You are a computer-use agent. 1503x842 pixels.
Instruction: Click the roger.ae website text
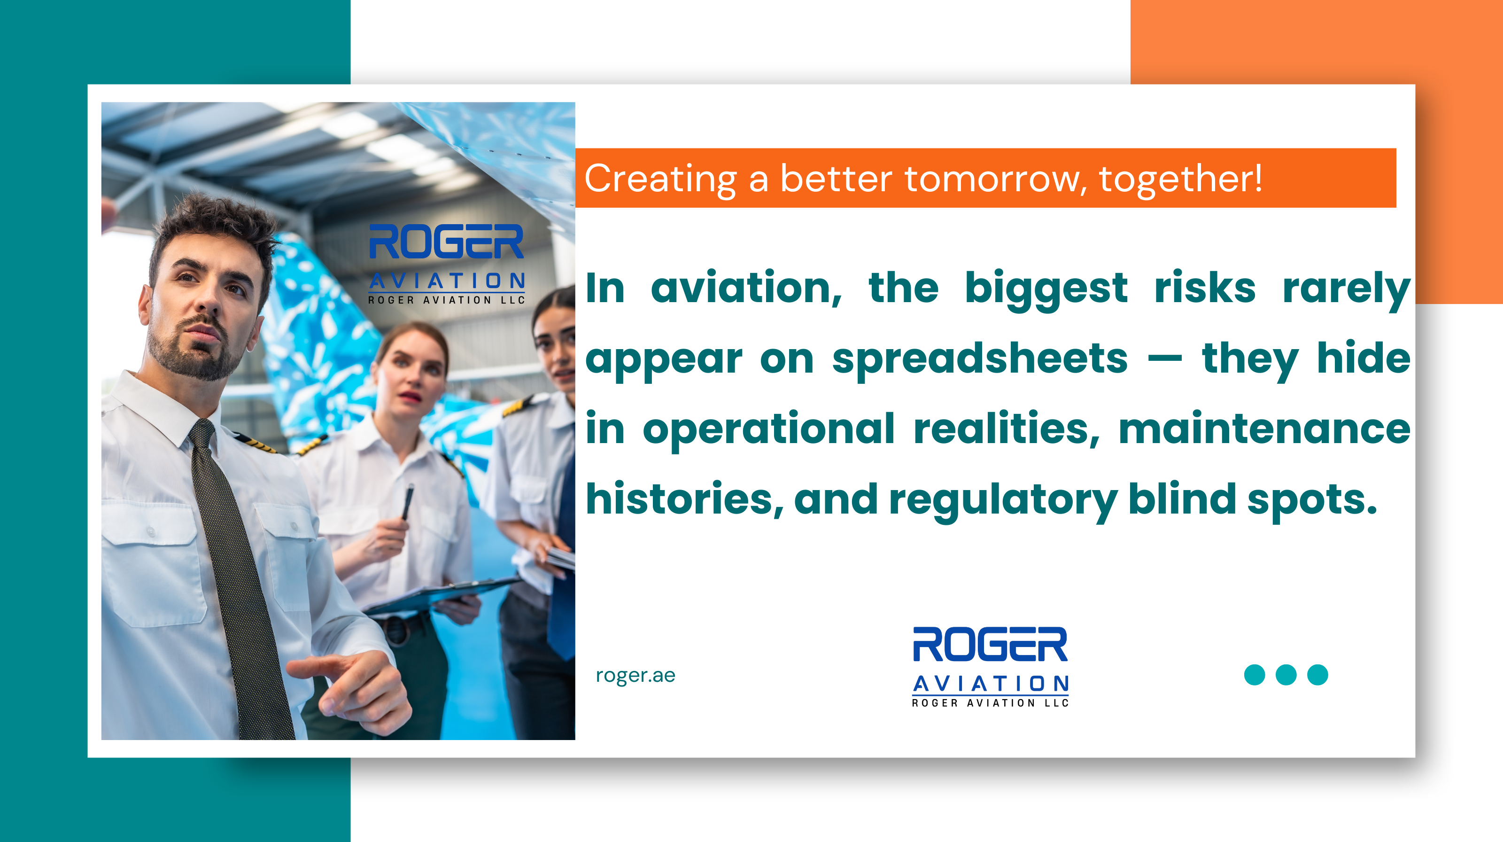point(635,675)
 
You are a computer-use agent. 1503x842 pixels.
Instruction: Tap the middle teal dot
point(1286,675)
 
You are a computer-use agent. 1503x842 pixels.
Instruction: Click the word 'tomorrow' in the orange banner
point(995,179)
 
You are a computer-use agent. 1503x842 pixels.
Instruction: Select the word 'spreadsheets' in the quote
point(980,359)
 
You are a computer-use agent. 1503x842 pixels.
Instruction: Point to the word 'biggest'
point(1046,289)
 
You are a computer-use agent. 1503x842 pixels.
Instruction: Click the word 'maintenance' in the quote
point(1264,429)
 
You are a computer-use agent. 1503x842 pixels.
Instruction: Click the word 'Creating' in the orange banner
point(660,179)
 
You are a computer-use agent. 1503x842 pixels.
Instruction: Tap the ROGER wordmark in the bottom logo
point(990,645)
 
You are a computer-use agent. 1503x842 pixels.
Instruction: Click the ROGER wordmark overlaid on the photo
point(446,242)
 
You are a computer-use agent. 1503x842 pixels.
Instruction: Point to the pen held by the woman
point(407,501)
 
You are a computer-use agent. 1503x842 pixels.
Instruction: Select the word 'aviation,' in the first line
point(746,289)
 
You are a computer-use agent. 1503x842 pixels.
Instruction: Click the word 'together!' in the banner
point(1180,179)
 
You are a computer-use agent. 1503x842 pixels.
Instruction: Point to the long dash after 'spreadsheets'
point(1165,359)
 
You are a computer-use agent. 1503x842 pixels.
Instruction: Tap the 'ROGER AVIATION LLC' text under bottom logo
point(990,703)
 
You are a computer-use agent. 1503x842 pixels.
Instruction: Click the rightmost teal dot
point(1317,675)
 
